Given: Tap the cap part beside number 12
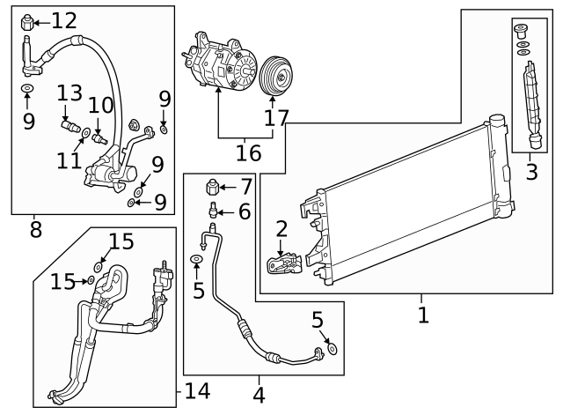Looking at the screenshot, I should point(26,20).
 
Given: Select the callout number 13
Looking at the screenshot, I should point(70,93).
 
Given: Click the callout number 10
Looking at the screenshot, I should point(100,106).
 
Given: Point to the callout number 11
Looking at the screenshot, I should point(70,160).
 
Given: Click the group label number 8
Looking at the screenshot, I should point(35,230).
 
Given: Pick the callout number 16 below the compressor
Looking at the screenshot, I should point(248,152).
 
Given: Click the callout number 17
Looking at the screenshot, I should point(276,118).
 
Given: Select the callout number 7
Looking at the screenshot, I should point(245,186).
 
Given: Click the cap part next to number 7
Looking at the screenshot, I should point(211,187).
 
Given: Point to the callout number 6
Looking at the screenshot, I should point(244,211).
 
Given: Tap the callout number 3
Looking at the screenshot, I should point(531,171).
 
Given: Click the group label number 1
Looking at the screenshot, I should point(423,314).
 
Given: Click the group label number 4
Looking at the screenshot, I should point(259,396).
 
